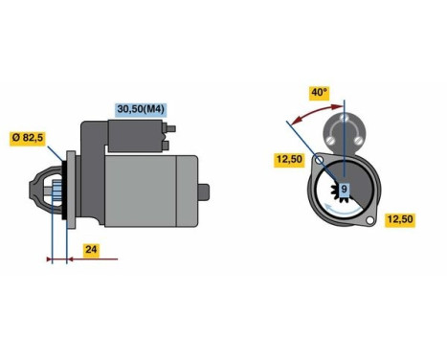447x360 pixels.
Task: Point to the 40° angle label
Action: (319, 93)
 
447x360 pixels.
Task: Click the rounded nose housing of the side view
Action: (38, 191)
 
